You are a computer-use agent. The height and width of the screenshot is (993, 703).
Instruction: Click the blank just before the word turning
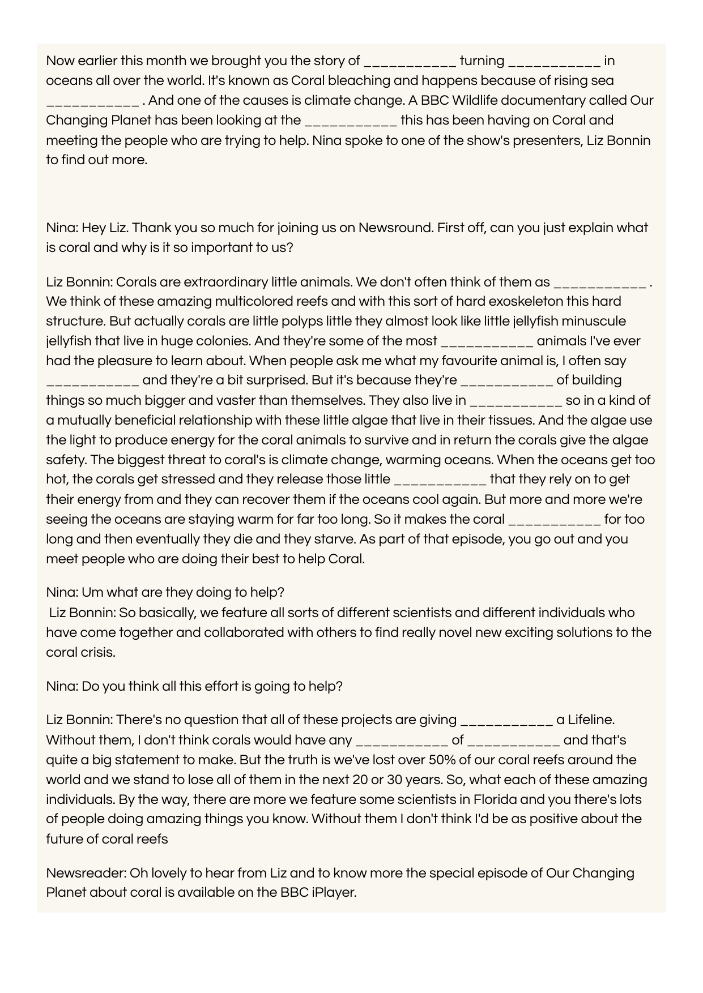point(410,62)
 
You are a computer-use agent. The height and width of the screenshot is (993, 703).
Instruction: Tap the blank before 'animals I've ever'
point(487,341)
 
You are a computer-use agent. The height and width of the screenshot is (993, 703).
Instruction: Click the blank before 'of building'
point(506,380)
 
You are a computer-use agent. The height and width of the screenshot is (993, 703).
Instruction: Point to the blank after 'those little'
point(440,480)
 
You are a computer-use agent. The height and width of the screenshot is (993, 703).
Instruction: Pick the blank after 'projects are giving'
point(506,720)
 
